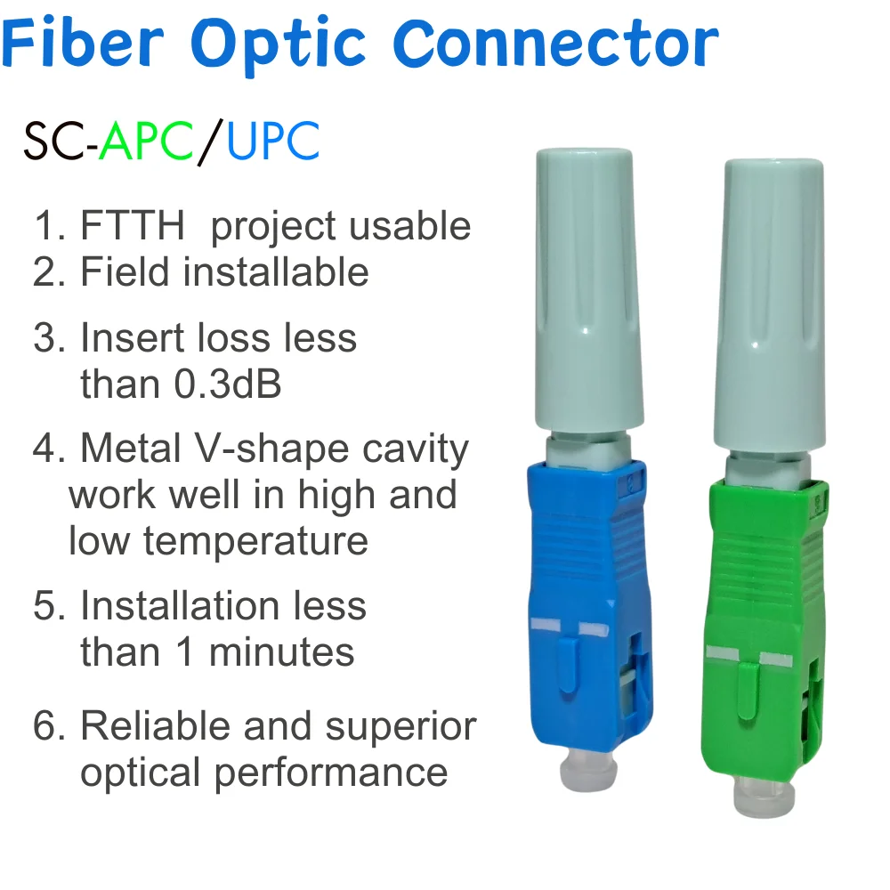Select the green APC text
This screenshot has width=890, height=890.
pyautogui.click(x=146, y=142)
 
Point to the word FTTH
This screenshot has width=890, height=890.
pyautogui.click(x=132, y=226)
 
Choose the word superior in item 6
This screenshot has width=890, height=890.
pyautogui.click(x=400, y=726)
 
